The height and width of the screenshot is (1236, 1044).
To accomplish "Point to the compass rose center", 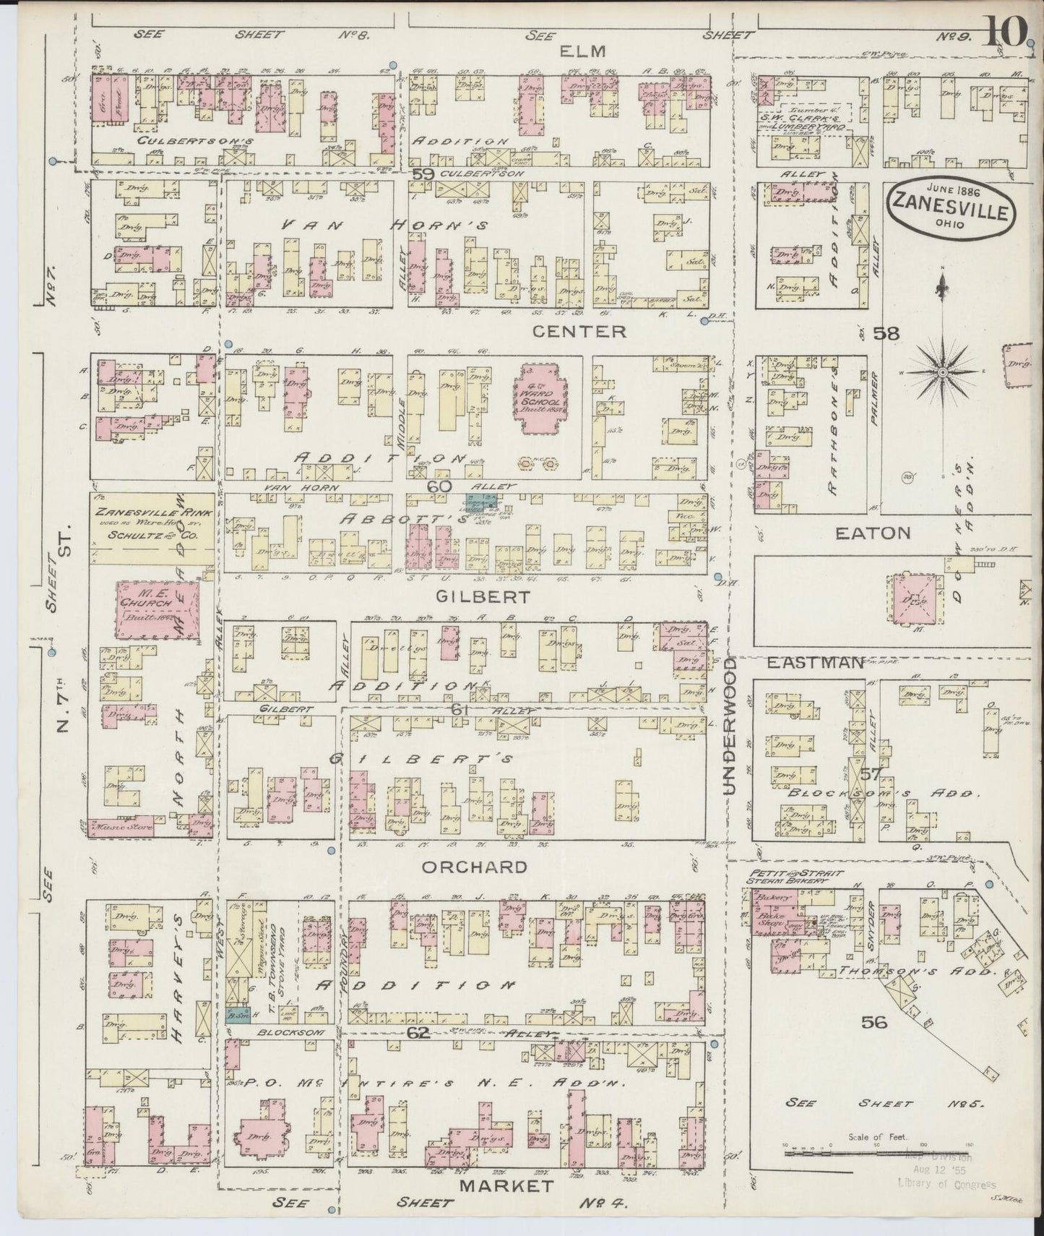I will point(942,372).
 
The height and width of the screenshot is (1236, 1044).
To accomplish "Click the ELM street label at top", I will point(579,51).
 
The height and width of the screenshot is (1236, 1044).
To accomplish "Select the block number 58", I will point(886,333).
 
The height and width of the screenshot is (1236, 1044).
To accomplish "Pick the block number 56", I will point(874,1021).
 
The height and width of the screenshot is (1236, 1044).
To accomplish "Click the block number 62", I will point(418,1033).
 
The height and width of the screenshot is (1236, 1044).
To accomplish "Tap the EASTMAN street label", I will point(814,663).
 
